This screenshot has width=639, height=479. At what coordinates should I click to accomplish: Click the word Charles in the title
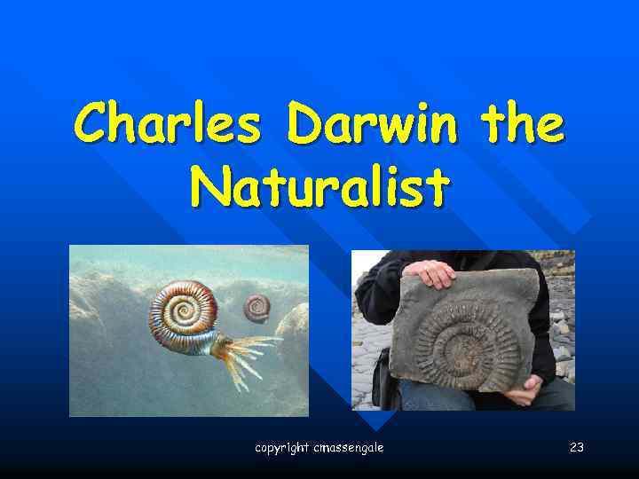click(x=167, y=123)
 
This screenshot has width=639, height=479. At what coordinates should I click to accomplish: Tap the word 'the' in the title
click(x=522, y=123)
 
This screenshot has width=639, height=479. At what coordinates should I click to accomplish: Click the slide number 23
click(x=576, y=448)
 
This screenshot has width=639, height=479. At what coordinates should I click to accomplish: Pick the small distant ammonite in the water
click(x=257, y=307)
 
